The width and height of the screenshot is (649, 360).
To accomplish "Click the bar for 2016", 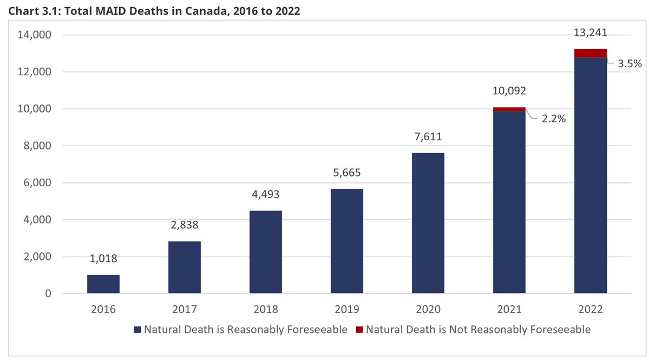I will tap(103, 284).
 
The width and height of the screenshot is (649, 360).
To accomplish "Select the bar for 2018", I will tap(266, 252).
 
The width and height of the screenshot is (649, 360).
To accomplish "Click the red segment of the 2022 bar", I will tap(591, 53).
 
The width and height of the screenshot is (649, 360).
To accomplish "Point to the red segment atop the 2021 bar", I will tap(509, 109).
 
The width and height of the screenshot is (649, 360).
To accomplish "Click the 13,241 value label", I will tap(591, 33).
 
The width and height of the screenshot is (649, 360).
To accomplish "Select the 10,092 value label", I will tap(509, 91).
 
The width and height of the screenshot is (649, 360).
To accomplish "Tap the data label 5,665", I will tap(347, 173).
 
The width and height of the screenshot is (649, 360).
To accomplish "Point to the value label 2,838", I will tap(185, 225).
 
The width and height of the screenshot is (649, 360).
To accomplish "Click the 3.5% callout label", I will tap(630, 63).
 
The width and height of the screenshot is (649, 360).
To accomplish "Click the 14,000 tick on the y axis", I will tap(34, 35).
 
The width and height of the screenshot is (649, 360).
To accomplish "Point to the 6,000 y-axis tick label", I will tap(37, 183).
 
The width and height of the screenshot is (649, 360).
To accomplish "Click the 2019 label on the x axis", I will tap(347, 310).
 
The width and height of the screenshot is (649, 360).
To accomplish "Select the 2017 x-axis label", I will tap(185, 310).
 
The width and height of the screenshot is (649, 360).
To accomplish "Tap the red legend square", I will tap(359, 329).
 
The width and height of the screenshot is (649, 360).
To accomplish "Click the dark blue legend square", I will tap(137, 329).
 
